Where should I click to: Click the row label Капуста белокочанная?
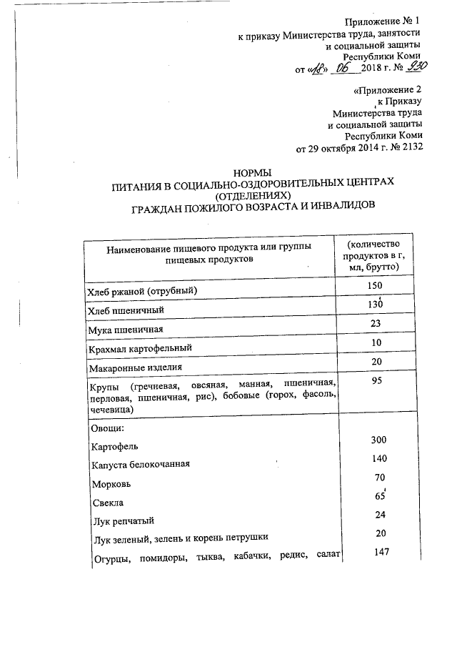pos(140,465)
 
